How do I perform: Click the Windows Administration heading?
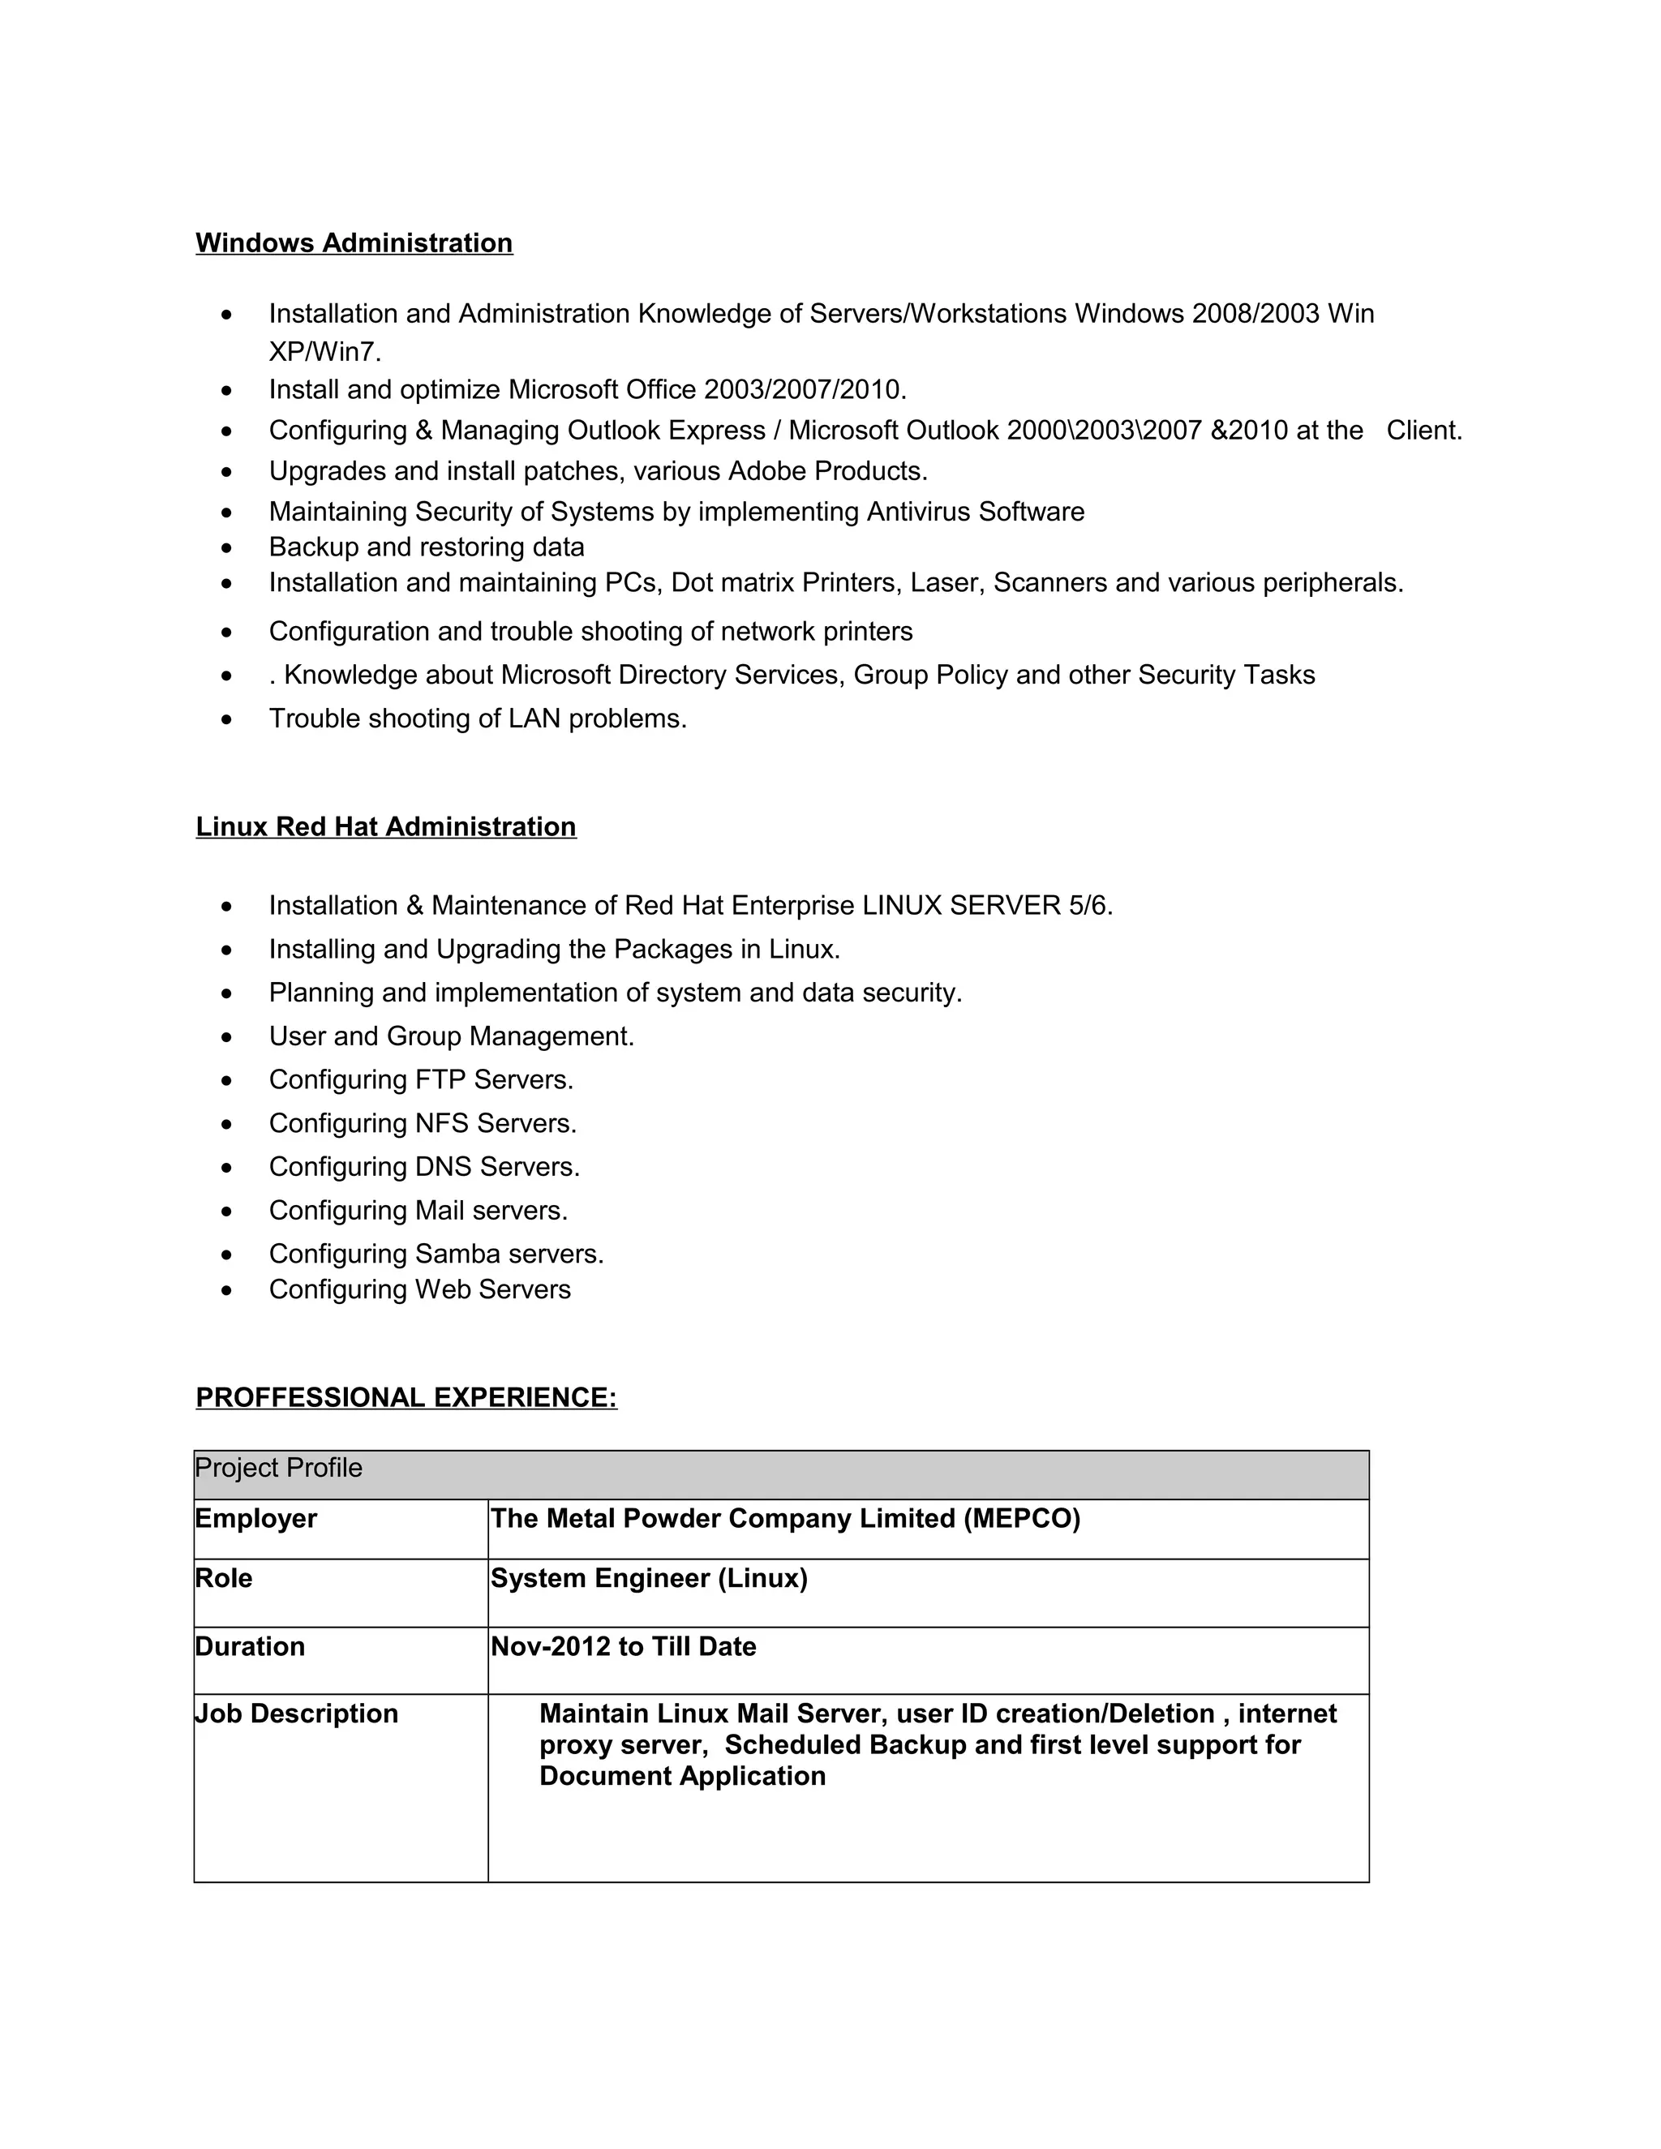click(354, 243)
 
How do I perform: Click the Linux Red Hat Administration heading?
click(386, 826)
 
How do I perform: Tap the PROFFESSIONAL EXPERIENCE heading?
click(406, 1397)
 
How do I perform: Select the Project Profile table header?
click(278, 1468)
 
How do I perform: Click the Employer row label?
click(255, 1518)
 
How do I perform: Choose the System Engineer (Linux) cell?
click(649, 1578)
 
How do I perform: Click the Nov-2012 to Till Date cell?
click(623, 1646)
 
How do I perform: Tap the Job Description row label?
click(296, 1713)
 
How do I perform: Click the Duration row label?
click(250, 1646)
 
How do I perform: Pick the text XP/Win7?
click(324, 351)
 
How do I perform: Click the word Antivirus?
click(918, 512)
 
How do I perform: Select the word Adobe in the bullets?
click(766, 471)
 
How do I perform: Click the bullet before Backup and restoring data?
click(227, 548)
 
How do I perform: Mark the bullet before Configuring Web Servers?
click(227, 1290)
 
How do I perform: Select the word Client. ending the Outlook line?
click(1424, 431)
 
